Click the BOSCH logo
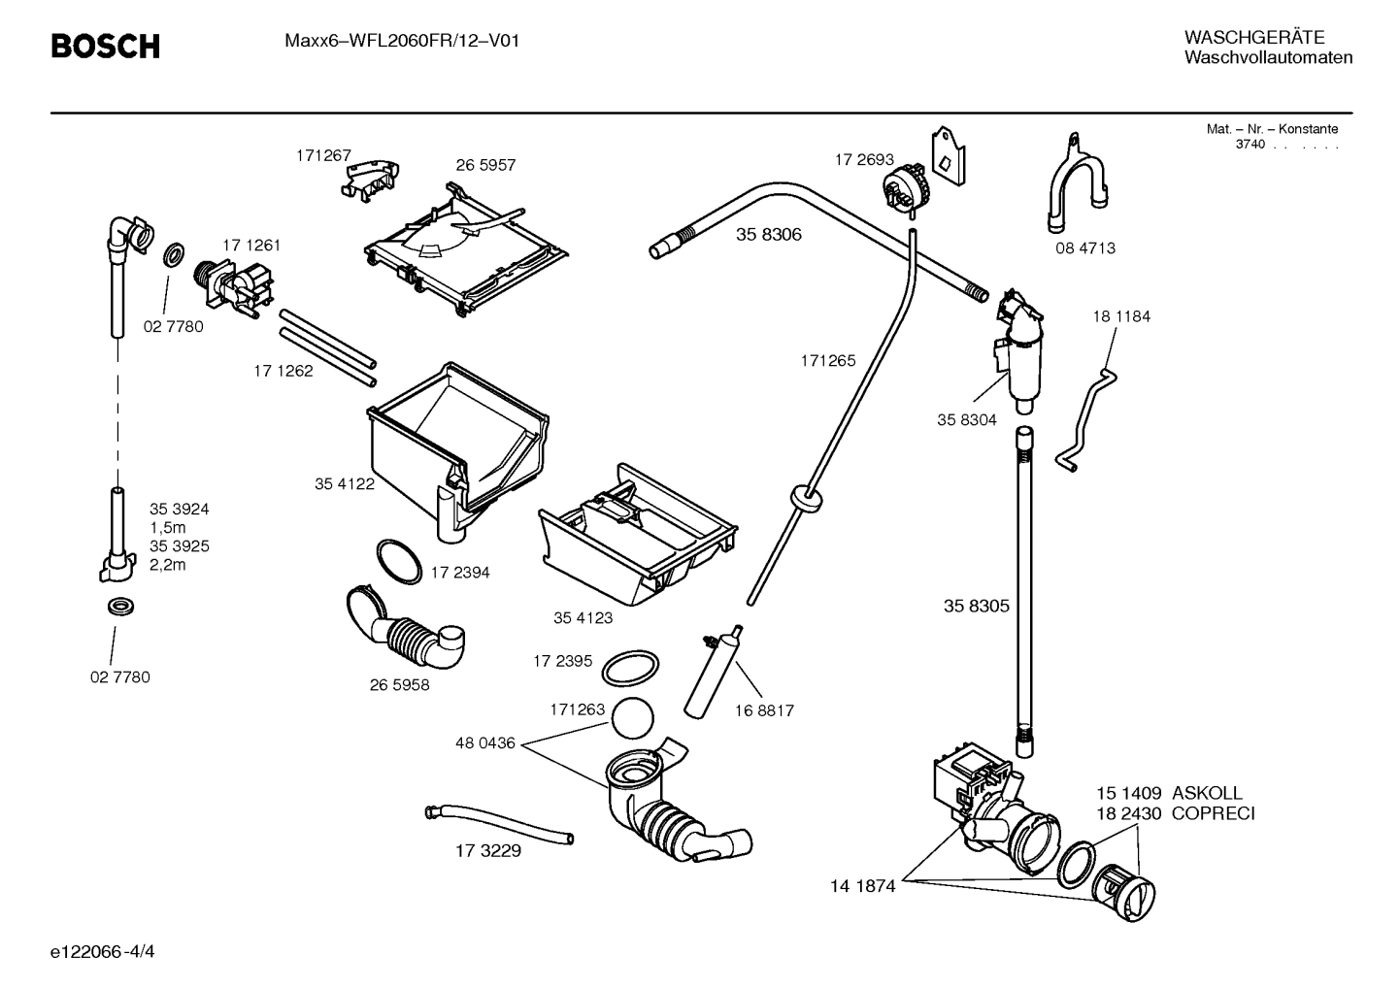(x=105, y=46)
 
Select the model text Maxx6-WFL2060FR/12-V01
(x=394, y=41)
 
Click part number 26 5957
(x=485, y=165)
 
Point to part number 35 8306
(x=768, y=235)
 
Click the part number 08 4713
(x=1085, y=248)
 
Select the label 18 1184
(x=1120, y=316)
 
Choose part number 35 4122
(x=344, y=483)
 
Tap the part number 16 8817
(x=763, y=710)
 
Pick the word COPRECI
(x=1213, y=813)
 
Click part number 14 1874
(x=862, y=885)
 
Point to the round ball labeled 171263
(x=633, y=719)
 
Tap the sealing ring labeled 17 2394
(x=399, y=560)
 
